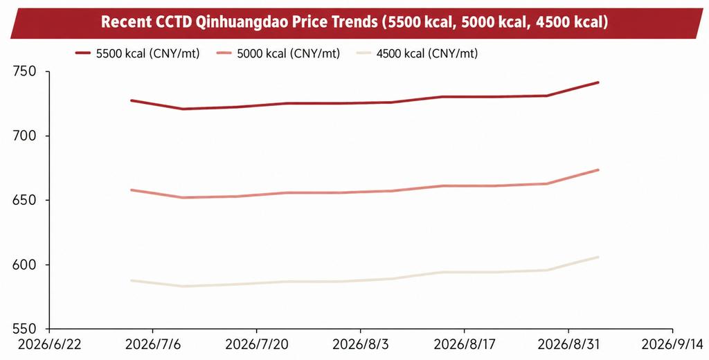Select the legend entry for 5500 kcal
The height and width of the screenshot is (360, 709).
point(138,53)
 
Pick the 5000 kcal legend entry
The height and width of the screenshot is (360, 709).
point(278,53)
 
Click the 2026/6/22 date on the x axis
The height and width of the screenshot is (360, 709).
point(49,345)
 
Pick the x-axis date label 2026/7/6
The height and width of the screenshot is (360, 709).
point(153,345)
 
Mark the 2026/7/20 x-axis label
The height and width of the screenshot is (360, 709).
point(257,345)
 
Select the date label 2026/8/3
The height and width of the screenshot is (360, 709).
point(360,345)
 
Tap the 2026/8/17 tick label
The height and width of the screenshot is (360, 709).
point(465,345)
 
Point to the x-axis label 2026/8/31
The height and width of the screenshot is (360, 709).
point(568,345)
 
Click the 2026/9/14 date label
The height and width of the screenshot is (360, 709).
point(674,345)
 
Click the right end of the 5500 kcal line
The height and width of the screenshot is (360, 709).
point(598,82)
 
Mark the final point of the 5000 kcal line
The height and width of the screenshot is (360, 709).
point(598,170)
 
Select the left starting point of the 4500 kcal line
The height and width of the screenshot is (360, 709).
point(131,281)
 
